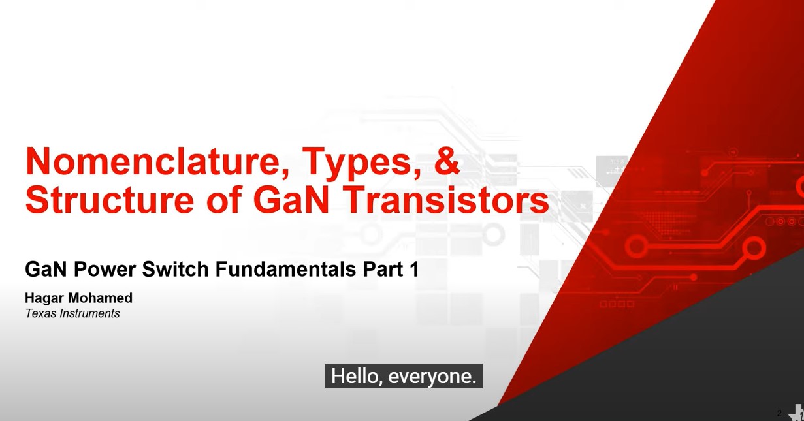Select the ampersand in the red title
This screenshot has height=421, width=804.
447,161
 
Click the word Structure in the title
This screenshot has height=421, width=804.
110,199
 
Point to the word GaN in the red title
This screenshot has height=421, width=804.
291,199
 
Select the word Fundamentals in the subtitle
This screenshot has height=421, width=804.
285,269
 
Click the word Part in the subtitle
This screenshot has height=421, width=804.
381,269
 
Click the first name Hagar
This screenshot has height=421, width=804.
44,298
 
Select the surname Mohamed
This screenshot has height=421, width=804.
100,298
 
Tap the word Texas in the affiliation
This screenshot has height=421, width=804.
40,313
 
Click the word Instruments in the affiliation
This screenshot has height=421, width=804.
89,313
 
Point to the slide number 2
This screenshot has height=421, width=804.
779,413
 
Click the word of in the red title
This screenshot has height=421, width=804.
223,199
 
